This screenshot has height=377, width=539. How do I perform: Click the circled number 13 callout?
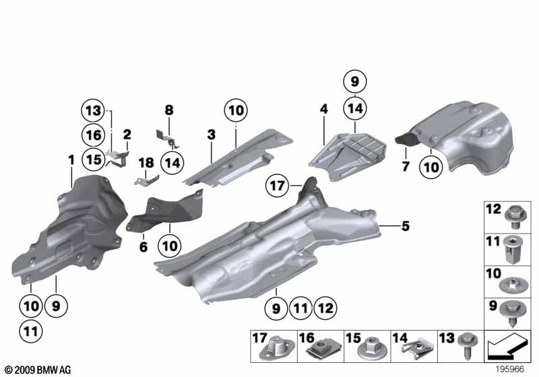(x=93, y=110)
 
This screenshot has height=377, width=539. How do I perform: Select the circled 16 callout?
(x=93, y=135)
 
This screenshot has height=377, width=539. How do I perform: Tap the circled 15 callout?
(x=93, y=160)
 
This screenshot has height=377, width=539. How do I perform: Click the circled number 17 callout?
(x=278, y=186)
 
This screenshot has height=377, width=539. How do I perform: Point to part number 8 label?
(x=169, y=110)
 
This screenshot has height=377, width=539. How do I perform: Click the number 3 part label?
(x=212, y=134)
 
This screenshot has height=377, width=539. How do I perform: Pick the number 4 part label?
(x=324, y=109)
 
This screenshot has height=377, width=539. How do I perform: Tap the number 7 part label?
(x=406, y=166)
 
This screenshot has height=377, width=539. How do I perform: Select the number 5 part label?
(x=406, y=226)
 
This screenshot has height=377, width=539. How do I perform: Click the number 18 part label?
(x=146, y=163)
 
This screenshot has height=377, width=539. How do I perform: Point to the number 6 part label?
(x=144, y=246)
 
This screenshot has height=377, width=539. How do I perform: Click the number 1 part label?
(x=71, y=160)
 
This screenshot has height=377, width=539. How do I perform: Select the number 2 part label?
(x=127, y=134)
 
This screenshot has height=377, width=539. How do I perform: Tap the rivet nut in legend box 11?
(x=514, y=249)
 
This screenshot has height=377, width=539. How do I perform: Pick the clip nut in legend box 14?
(x=416, y=348)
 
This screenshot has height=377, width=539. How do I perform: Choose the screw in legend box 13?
(x=468, y=345)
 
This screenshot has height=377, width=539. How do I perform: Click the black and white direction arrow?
(x=507, y=347)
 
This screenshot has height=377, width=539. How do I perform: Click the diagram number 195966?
(x=510, y=369)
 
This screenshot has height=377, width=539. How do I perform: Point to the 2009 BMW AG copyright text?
(x=38, y=370)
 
